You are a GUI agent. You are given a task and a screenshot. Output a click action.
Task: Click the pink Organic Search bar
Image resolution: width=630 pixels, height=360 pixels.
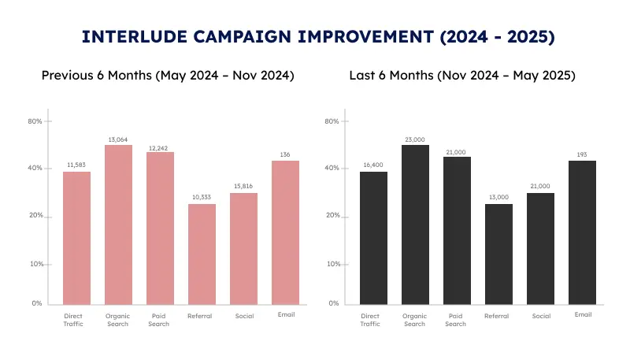tap(118, 225)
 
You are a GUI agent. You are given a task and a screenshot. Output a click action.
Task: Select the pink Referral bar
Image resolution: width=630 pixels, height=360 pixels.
tap(202, 254)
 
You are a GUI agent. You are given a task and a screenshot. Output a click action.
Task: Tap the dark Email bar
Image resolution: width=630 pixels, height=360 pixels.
tap(582, 232)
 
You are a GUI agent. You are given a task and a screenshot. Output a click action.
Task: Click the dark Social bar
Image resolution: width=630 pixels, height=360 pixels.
tap(540, 248)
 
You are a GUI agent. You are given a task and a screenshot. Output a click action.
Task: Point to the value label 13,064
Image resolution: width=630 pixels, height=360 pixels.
tap(118, 139)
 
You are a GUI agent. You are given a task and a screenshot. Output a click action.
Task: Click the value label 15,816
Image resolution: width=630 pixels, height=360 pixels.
tap(243, 186)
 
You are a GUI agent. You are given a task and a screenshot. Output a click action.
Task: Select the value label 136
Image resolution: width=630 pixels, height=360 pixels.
tap(285, 154)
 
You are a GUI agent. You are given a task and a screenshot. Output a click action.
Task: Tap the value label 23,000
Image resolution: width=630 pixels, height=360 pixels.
tap(415, 139)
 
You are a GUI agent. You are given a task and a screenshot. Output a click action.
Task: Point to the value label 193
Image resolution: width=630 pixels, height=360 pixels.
tap(582, 154)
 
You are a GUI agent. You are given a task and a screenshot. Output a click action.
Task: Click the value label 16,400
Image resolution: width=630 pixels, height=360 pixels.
tap(373, 165)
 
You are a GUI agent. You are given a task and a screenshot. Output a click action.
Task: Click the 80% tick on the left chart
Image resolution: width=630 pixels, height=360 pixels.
tap(35, 121)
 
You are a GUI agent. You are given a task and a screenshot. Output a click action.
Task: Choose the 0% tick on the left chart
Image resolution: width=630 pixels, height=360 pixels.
tap(37, 303)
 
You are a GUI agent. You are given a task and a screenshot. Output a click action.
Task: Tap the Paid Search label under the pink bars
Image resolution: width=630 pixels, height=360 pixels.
tap(160, 320)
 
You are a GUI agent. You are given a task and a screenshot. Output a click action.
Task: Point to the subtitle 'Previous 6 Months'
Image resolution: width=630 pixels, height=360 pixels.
tap(97, 76)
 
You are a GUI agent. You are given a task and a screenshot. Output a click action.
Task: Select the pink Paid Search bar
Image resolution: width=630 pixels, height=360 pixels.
tap(160, 228)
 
